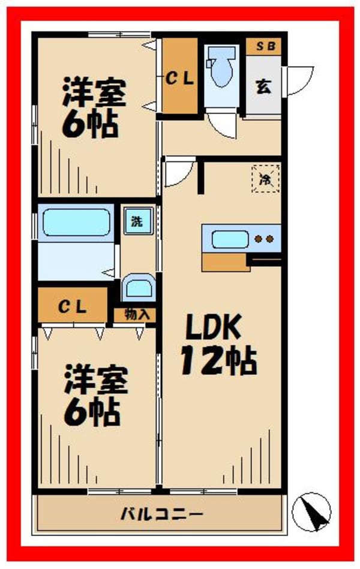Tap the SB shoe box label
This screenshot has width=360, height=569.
pos(263,46)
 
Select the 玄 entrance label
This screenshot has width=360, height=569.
pos(263,86)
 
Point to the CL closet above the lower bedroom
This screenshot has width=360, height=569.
pos(73,307)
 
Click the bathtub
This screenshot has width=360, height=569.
pos(76,223)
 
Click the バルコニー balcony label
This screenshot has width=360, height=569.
pos(161,514)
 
